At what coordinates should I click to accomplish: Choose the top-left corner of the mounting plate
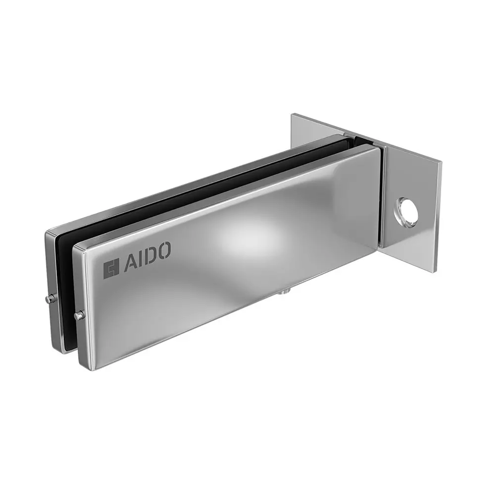[293, 115]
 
